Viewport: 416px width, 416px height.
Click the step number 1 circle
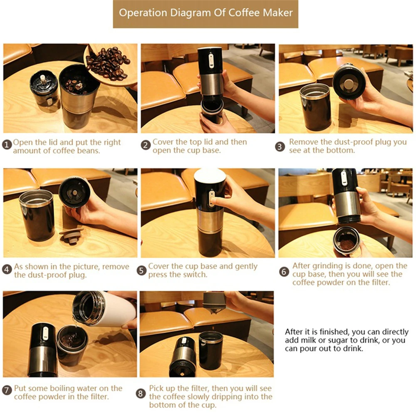tap(7, 145)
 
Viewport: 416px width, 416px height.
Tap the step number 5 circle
tap(141, 271)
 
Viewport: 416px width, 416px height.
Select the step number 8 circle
tap(141, 394)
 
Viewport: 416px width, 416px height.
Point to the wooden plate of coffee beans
tap(111, 64)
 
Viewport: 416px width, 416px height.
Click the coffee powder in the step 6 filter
tap(347, 244)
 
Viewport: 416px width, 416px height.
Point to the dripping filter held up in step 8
tap(215, 303)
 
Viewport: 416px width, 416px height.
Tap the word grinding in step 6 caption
tap(328, 266)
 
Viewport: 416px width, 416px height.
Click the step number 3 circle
tap(280, 146)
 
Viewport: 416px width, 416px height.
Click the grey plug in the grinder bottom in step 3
tap(349, 84)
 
